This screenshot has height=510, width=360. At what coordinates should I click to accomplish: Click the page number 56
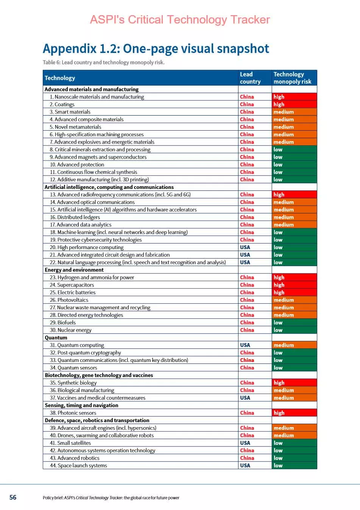[x=13, y=497]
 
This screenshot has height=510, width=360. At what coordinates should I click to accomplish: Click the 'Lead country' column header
[x=250, y=78]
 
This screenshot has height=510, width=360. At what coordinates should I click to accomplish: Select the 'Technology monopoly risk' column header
[x=292, y=78]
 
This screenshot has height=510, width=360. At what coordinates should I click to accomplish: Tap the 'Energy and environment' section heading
[x=74, y=270]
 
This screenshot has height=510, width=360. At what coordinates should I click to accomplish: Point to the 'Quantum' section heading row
[x=56, y=338]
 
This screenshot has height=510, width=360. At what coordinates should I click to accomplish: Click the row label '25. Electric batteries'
[x=73, y=292]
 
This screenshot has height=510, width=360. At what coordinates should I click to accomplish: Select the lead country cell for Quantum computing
[x=245, y=345]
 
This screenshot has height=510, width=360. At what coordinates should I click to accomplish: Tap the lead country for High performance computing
[x=245, y=247]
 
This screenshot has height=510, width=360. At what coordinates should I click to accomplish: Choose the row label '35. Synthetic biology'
[x=73, y=383]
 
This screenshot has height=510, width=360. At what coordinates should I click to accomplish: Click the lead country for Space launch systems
[x=245, y=465]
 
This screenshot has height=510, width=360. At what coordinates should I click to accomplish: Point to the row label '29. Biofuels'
[x=63, y=323]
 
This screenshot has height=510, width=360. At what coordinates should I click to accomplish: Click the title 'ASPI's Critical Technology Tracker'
[x=180, y=20]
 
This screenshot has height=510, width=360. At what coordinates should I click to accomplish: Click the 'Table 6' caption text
[x=103, y=62]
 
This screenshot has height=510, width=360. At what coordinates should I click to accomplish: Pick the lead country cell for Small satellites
[x=245, y=443]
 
